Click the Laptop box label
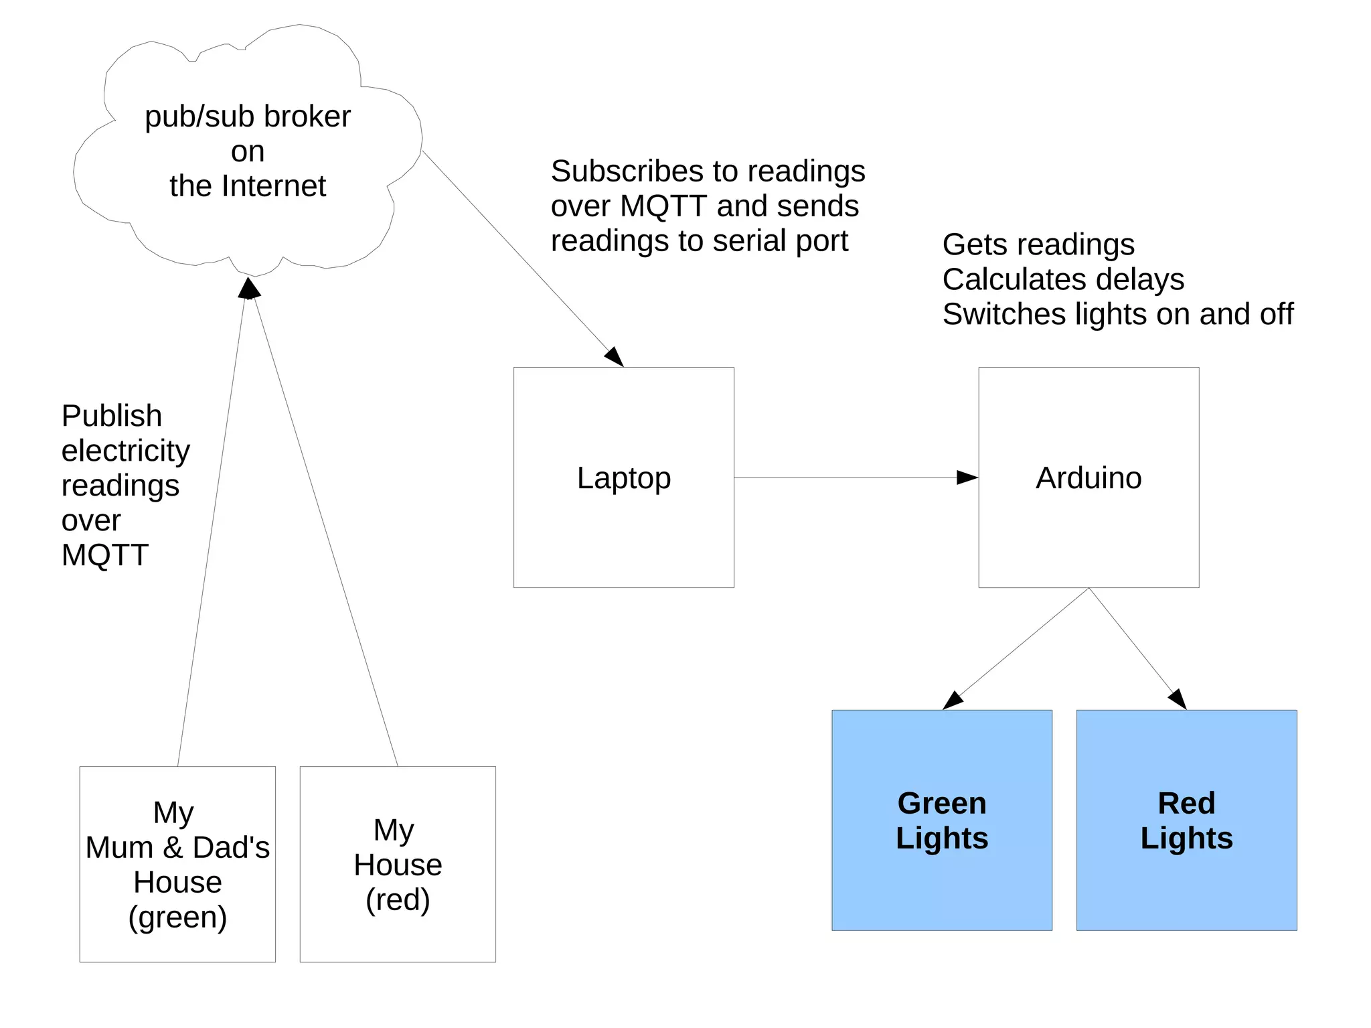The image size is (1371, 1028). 623,478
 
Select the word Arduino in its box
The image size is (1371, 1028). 1088,478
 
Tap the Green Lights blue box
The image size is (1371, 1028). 942,820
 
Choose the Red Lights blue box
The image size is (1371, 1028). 1186,820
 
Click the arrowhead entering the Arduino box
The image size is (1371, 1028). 968,478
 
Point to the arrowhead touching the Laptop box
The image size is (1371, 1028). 615,357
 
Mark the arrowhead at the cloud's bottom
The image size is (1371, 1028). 249,288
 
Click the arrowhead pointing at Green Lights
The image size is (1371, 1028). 952,701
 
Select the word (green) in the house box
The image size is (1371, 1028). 177,917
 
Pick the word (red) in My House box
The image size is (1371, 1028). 398,899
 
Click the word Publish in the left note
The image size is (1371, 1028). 112,416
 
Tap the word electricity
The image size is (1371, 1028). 125,451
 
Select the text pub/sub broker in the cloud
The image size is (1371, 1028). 248,117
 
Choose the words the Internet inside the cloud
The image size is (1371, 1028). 248,186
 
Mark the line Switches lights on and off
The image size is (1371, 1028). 1117,314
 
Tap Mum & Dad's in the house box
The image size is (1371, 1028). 177,848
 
